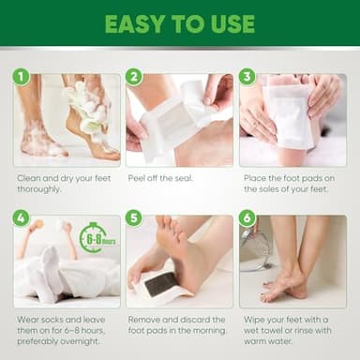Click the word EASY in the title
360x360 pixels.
click(x=135, y=24)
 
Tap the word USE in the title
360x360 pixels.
click(x=231, y=24)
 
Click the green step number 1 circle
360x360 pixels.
click(x=21, y=76)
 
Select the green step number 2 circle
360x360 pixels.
click(x=134, y=76)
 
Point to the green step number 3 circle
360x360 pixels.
click(x=247, y=76)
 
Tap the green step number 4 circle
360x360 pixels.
click(x=21, y=218)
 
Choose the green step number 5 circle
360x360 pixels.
click(x=134, y=218)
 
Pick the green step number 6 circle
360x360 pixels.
click(x=247, y=218)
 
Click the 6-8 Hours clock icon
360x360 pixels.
click(x=95, y=237)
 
